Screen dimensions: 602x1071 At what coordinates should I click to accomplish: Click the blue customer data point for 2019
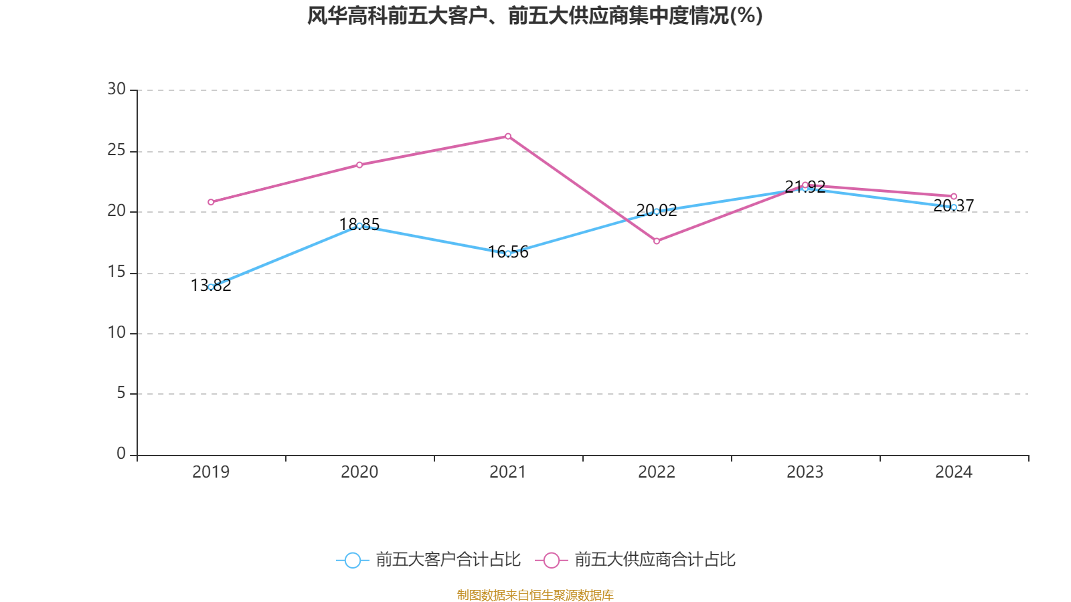[211, 286]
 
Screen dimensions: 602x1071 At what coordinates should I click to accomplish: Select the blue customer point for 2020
[359, 225]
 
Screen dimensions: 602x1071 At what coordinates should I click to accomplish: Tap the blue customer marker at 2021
[508, 254]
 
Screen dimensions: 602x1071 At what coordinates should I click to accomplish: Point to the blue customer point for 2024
[954, 207]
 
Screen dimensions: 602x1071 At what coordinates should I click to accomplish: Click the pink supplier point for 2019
[211, 202]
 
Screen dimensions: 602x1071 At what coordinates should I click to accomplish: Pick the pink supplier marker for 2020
[359, 165]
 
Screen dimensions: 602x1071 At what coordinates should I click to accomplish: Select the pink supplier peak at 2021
[508, 136]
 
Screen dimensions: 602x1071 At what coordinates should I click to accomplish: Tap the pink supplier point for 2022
[657, 241]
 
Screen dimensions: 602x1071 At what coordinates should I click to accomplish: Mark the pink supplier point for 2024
[954, 197]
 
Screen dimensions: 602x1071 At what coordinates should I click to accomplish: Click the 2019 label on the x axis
[211, 472]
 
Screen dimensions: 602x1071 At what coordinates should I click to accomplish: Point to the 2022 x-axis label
[657, 472]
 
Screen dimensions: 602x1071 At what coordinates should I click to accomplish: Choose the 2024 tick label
[954, 472]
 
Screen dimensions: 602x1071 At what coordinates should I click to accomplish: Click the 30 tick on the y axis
[116, 90]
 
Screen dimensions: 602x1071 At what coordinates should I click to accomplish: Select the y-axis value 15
[116, 272]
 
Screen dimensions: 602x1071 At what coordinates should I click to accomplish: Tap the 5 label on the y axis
[121, 393]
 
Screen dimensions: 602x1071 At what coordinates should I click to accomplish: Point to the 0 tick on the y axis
[121, 454]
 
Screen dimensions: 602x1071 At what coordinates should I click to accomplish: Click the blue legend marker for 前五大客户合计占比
[352, 561]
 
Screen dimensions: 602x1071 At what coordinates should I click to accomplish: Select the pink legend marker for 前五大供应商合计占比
[552, 561]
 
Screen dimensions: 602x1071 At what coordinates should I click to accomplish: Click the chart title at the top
[535, 16]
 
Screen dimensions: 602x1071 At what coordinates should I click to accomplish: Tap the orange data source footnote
[535, 595]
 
